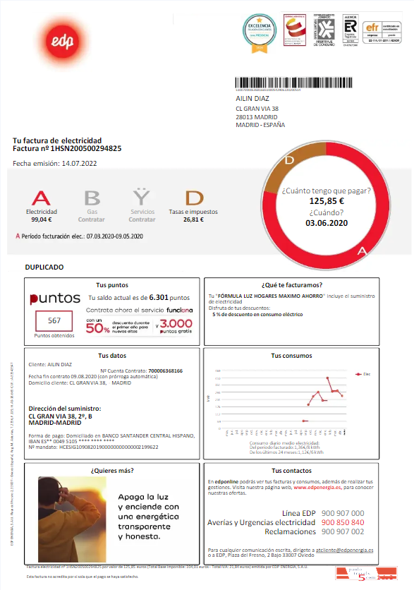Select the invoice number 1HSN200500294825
coord(86,149)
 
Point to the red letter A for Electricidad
coord(42,198)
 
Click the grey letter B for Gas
coord(92,198)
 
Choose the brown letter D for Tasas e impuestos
coord(193,198)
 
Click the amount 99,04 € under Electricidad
coord(42,219)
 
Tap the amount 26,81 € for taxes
coord(193,219)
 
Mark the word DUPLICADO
coord(44,267)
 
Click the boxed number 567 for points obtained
coord(54,320)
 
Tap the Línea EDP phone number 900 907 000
coord(342,513)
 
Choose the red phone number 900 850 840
coord(342,522)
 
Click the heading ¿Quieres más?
coord(111,469)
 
